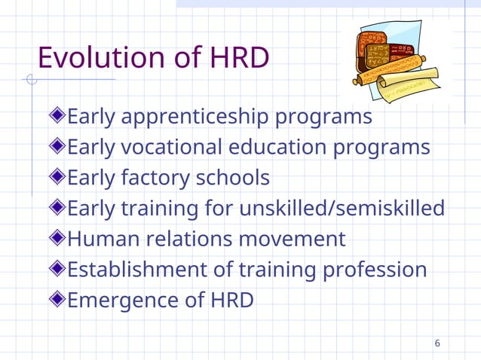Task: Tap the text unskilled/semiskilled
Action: coord(342,208)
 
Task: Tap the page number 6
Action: coord(437,344)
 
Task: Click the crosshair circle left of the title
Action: coord(31,80)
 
